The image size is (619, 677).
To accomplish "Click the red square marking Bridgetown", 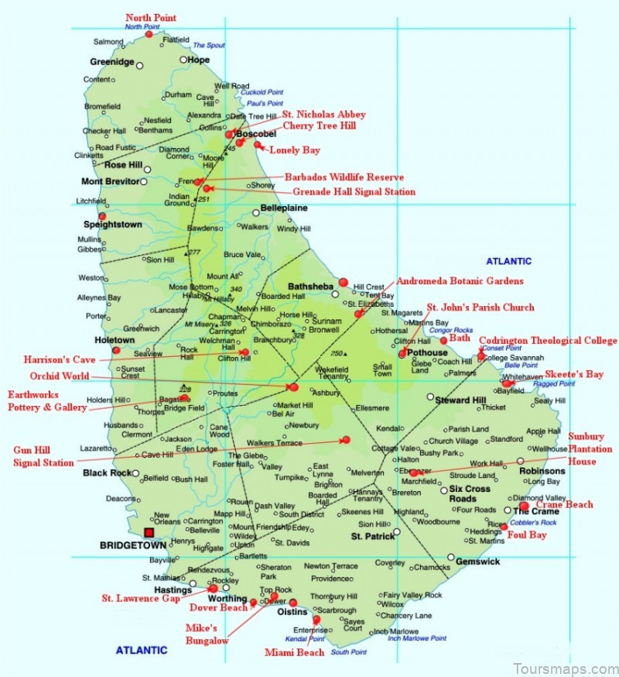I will [x=149, y=532].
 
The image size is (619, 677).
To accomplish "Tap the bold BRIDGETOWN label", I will [x=134, y=545].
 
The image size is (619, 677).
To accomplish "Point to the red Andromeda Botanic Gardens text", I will [x=460, y=281].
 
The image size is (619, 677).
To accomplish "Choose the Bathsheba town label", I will [x=309, y=286].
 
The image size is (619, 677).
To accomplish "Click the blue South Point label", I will [x=349, y=652].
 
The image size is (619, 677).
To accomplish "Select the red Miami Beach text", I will [x=294, y=653].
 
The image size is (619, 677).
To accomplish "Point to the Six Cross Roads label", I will [x=470, y=494].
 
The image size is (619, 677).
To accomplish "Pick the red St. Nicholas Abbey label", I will [x=323, y=115].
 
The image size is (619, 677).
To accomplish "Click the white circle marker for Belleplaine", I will [x=256, y=213].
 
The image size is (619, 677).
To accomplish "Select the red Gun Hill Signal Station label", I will [x=43, y=456].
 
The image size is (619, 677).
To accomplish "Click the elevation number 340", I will [x=236, y=290].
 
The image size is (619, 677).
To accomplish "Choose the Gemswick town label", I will [x=478, y=562].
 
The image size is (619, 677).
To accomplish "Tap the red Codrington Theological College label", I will [x=549, y=340].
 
